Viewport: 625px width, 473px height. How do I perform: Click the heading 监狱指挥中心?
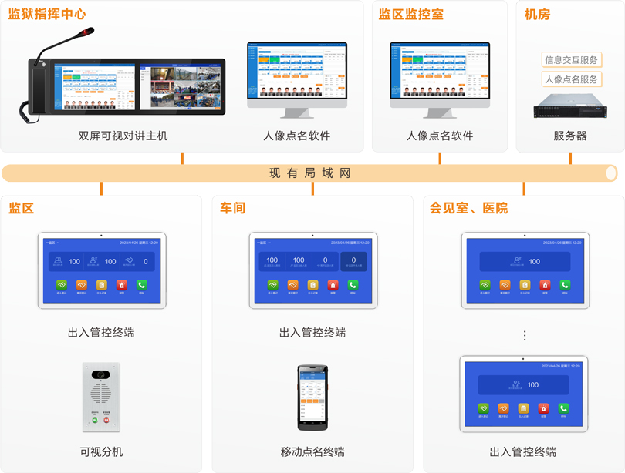coord(47,14)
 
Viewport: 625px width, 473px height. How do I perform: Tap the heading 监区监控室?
coord(410,14)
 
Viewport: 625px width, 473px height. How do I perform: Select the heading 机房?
coord(537,14)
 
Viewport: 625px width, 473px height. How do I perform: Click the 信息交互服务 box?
coord(571,59)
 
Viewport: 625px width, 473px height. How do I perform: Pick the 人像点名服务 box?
coord(571,79)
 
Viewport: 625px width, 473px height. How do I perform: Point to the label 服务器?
coord(570,136)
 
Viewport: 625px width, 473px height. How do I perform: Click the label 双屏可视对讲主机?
coord(123,136)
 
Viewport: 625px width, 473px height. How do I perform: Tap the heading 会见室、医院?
coord(468,208)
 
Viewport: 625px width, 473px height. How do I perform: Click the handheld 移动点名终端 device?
coord(312,398)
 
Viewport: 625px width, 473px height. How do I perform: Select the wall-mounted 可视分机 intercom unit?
coord(101,397)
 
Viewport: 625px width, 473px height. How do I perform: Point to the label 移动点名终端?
coord(312,451)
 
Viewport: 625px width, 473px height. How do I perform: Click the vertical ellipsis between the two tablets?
coord(525,336)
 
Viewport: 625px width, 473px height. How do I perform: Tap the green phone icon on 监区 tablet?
coord(141,285)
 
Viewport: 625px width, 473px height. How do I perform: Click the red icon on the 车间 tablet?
coord(333,285)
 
